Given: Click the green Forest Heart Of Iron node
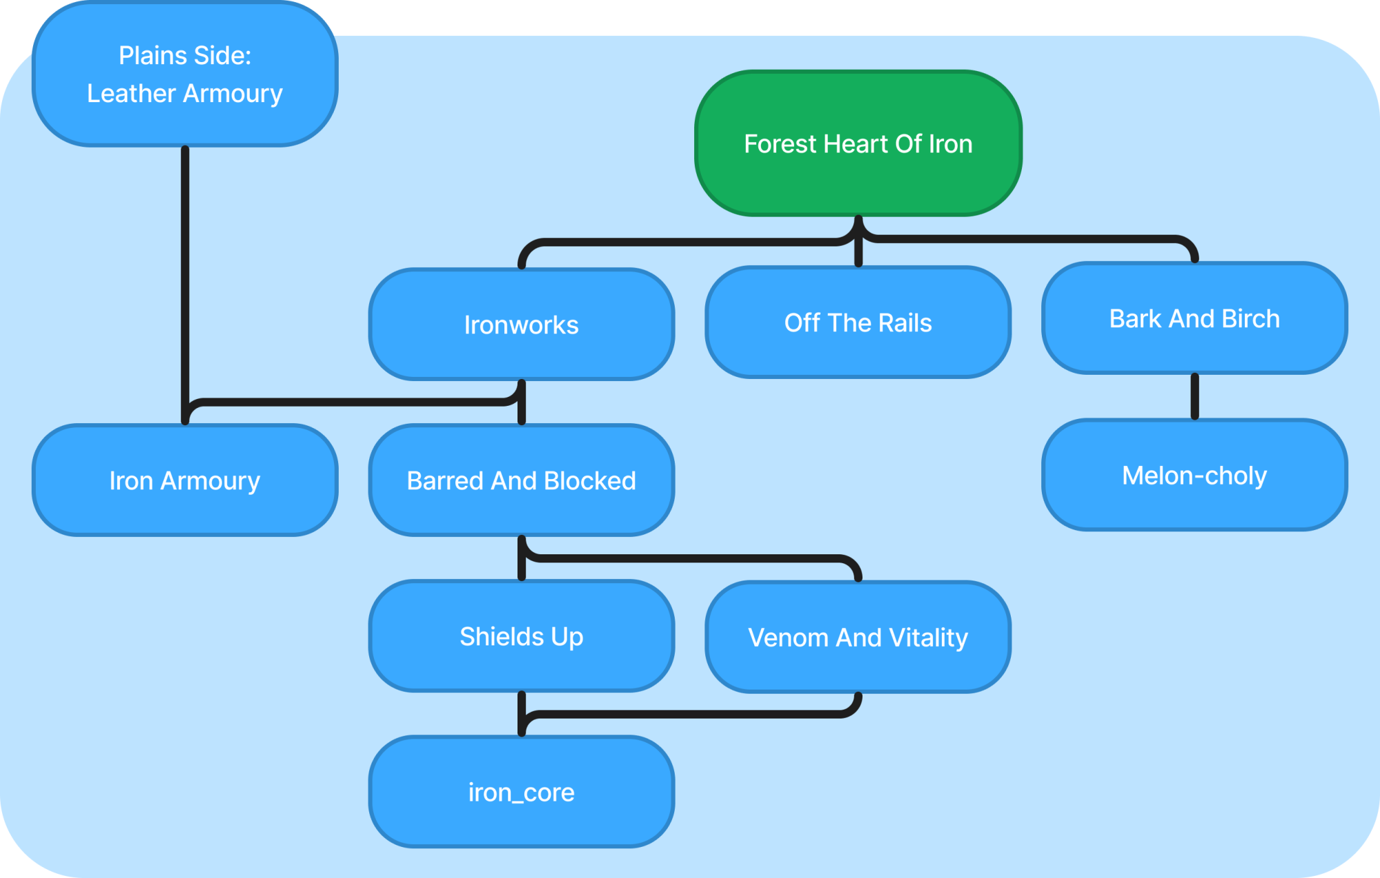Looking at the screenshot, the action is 858,143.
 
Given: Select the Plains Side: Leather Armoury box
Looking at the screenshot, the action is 185,74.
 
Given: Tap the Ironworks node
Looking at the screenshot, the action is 522,324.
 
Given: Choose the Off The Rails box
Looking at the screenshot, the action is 858,322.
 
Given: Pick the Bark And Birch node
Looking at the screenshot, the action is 1195,318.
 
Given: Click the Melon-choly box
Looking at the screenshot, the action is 1195,475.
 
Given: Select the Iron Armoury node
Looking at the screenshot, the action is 185,480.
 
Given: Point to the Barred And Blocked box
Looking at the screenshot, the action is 522,480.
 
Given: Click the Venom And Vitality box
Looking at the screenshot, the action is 858,637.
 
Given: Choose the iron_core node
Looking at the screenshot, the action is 522,792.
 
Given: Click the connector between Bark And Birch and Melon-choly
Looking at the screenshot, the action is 1195,397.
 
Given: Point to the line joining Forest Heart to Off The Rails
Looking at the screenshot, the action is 858,242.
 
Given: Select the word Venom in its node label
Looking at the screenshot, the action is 788,638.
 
